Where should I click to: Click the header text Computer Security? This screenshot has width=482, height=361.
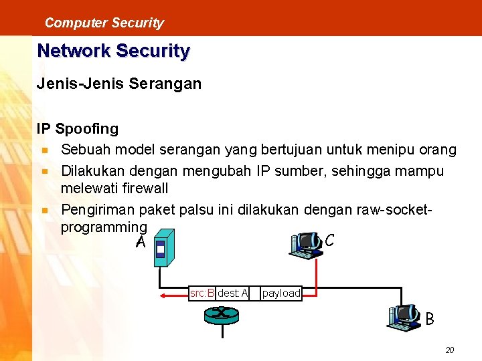pyautogui.click(x=104, y=23)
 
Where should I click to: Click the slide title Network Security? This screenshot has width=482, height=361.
pyautogui.click(x=113, y=51)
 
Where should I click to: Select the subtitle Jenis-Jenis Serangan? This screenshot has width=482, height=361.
pyautogui.click(x=118, y=85)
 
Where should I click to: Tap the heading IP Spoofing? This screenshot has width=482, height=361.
pyautogui.click(x=77, y=128)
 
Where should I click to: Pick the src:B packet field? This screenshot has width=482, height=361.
pyautogui.click(x=202, y=293)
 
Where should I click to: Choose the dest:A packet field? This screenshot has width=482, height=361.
pyautogui.click(x=232, y=293)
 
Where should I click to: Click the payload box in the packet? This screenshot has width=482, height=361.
pyautogui.click(x=280, y=293)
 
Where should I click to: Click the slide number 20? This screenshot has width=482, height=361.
pyautogui.click(x=449, y=350)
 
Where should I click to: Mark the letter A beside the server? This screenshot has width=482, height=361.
pyautogui.click(x=139, y=243)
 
